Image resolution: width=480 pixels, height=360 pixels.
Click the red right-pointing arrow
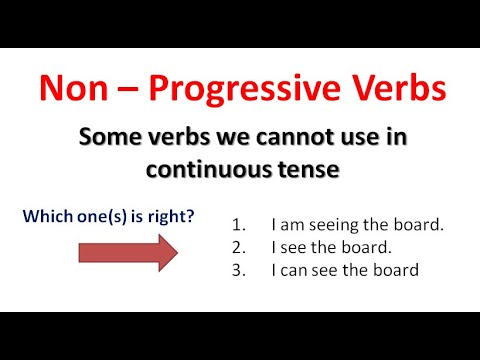pos(127,252)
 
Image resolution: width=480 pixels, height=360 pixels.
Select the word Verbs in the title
pos(394,89)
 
